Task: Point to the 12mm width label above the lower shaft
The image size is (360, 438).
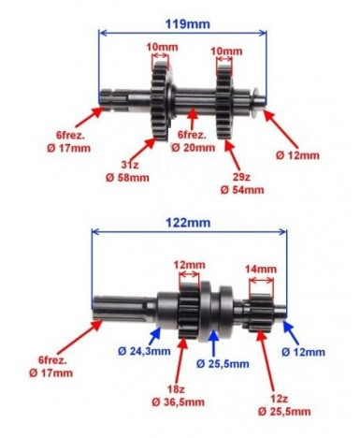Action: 189,265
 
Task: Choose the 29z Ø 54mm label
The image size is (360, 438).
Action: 241,182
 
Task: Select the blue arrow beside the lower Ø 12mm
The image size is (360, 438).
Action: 290,330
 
